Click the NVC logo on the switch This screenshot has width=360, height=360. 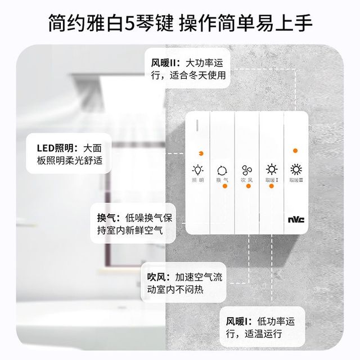point(296,220)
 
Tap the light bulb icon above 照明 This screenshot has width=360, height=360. point(197,170)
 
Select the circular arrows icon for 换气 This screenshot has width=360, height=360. point(222,171)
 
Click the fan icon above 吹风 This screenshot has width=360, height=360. point(247,170)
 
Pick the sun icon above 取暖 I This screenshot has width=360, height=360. point(272,169)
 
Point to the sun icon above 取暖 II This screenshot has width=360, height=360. point(296,169)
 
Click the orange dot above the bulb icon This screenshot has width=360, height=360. point(201,154)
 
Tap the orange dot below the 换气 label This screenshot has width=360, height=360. point(225,186)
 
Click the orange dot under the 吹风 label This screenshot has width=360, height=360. point(248,186)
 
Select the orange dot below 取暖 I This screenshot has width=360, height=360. point(271,186)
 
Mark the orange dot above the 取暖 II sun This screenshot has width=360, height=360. point(295,151)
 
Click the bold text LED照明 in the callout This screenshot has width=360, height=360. point(55,148)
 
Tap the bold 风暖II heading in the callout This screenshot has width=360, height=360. point(164,63)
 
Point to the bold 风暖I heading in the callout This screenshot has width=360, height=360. point(236,321)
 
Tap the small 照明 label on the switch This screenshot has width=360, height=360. point(197,180)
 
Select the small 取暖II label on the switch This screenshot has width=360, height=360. point(296,180)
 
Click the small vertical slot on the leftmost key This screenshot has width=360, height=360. point(197,125)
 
